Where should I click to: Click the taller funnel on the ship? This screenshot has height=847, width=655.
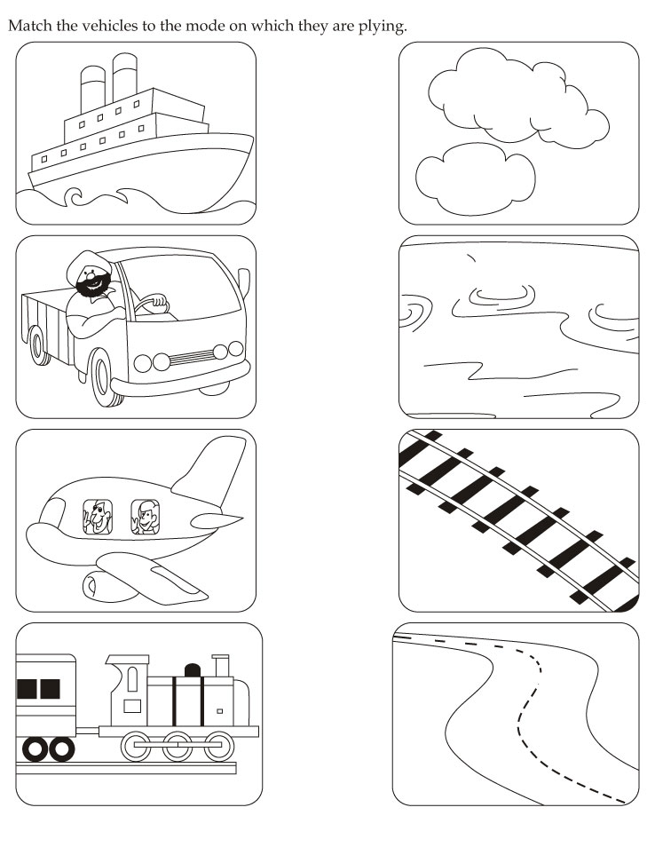(x=125, y=76)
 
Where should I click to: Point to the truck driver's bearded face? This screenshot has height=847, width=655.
(x=92, y=281)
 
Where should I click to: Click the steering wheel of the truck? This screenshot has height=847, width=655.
(x=152, y=303)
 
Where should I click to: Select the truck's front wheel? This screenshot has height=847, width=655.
(x=105, y=377)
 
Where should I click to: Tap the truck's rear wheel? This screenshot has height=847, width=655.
(x=39, y=345)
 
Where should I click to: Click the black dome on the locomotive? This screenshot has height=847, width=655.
(x=193, y=670)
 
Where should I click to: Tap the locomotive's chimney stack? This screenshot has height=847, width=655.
(x=221, y=665)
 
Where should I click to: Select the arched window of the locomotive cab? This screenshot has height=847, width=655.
(x=132, y=679)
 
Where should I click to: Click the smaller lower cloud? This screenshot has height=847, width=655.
(x=475, y=178)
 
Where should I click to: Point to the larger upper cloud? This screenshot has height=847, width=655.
(x=517, y=98)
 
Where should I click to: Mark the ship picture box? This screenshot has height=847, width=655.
(x=136, y=133)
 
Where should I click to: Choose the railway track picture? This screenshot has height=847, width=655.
(x=519, y=521)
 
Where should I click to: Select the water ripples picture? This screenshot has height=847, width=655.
(x=519, y=327)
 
